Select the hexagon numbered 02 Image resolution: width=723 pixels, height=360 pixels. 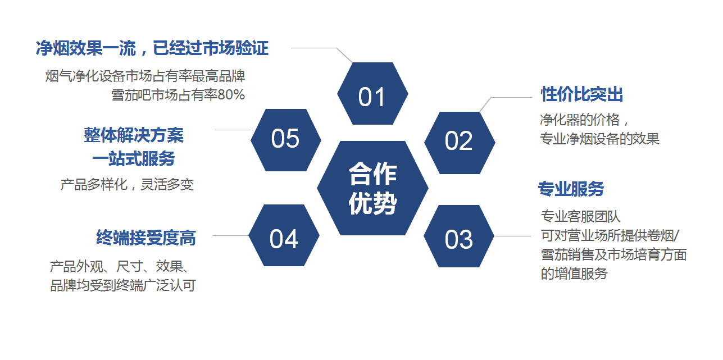[x=459, y=142]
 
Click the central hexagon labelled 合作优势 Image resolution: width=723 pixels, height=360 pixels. [x=372, y=188]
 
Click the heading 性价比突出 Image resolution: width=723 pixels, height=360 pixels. [x=581, y=94]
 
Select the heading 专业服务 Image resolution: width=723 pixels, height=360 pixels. [x=571, y=189]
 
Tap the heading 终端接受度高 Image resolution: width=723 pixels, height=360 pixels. [x=146, y=238]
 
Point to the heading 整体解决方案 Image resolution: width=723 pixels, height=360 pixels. [x=134, y=135]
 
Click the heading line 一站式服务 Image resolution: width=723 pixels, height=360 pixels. [x=134, y=159]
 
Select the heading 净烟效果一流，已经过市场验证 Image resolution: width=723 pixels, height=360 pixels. [x=152, y=48]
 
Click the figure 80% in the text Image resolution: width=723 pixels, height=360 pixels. [x=231, y=95]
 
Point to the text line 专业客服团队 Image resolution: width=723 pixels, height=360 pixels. [x=580, y=216]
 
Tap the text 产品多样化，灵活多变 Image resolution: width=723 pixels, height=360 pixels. [x=127, y=185]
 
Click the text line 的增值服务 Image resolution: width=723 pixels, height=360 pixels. [x=574, y=274]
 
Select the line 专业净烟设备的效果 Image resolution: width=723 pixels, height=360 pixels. [x=599, y=139]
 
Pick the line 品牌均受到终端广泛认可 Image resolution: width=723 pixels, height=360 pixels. [x=123, y=285]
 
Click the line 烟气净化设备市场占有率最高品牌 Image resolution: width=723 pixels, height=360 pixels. [x=145, y=76]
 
